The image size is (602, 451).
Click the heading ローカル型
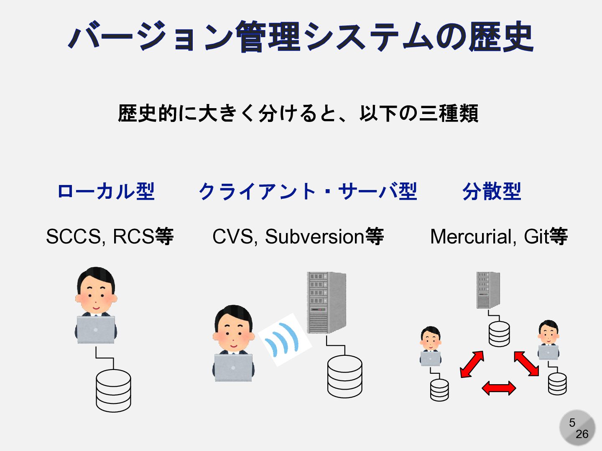coord(106,192)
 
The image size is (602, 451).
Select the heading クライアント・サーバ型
coord(308,192)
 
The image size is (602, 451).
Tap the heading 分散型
coord(492,192)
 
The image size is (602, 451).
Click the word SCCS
coord(73,236)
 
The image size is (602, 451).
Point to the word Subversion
coord(314,236)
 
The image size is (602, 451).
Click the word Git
coord(536,236)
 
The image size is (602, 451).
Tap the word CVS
coord(232,236)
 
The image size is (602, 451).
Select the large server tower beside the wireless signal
coord(326,302)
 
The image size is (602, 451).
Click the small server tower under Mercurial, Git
coord(488,290)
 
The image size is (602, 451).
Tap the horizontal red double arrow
coord(499,388)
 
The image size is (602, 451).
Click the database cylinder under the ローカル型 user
coord(113,390)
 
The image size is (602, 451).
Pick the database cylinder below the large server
coord(345,376)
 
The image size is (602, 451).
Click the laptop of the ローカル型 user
coord(96,329)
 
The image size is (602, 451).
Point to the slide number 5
coord(572,423)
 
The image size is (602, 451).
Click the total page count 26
coord(582,434)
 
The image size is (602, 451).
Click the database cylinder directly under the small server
coord(499,334)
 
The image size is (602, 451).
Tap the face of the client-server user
coord(233,332)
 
